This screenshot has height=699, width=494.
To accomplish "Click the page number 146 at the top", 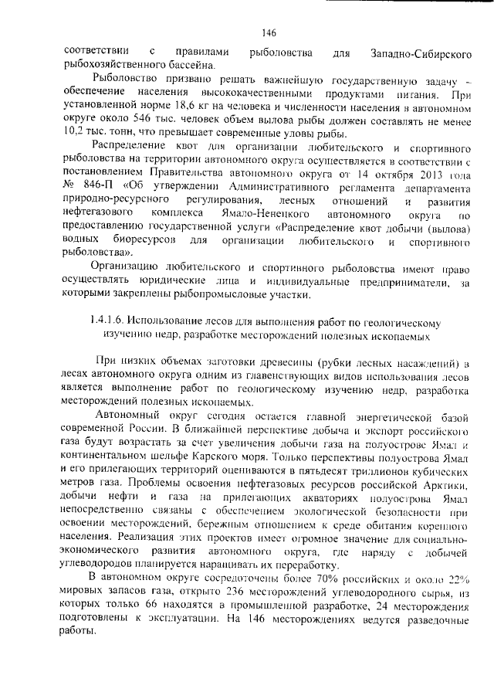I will tap(269, 32).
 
